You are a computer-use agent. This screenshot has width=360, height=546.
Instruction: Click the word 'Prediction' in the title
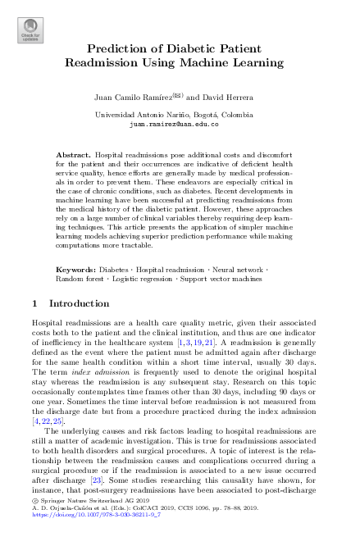124,48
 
